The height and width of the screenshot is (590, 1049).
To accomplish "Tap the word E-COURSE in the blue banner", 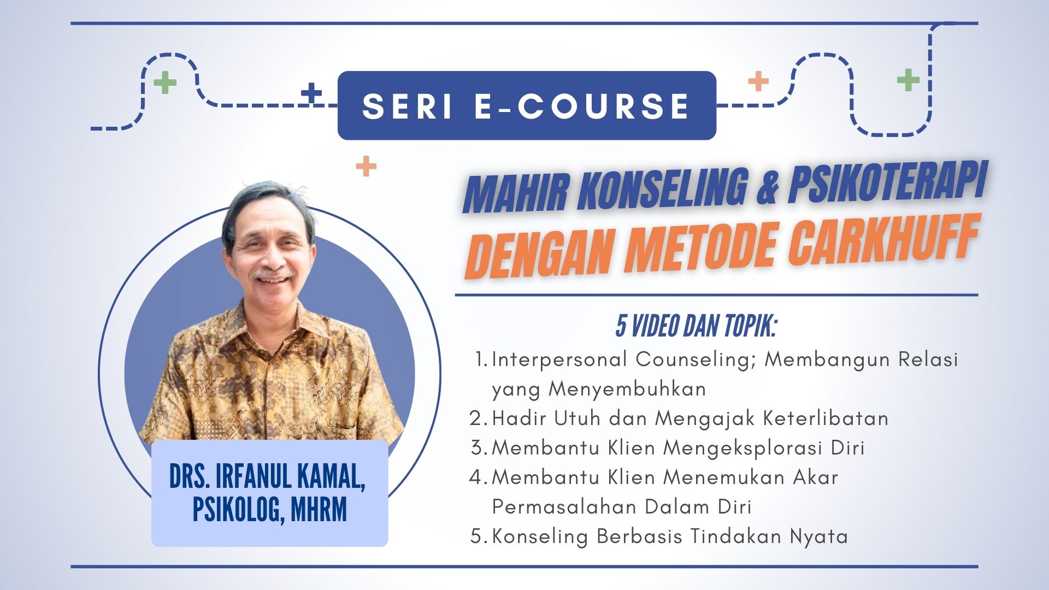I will pos(581,105).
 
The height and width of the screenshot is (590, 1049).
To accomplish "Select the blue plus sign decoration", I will pos(312,93).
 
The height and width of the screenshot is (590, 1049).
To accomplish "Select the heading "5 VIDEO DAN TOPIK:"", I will pos(696,326).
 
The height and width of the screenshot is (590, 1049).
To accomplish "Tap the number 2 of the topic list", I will pos(475,418).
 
